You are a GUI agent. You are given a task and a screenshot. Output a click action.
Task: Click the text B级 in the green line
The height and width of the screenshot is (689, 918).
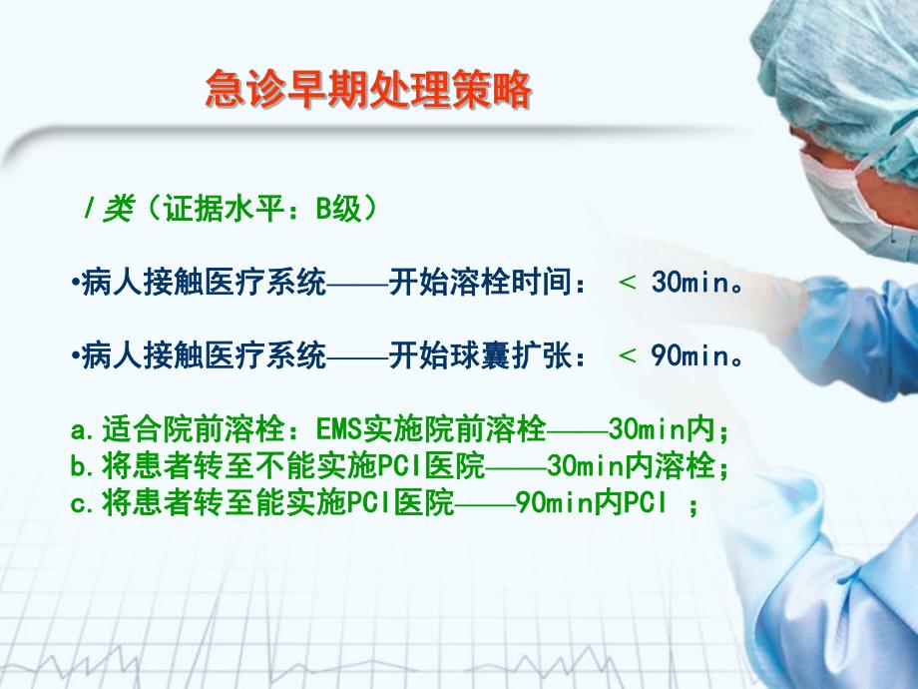[340, 209]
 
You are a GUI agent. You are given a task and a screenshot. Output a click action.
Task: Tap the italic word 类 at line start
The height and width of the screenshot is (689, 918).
[119, 210]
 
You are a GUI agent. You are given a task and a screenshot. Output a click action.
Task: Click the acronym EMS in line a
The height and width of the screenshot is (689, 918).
[338, 431]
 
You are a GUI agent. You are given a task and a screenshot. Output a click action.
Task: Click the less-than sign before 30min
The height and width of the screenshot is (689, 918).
[628, 285]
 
